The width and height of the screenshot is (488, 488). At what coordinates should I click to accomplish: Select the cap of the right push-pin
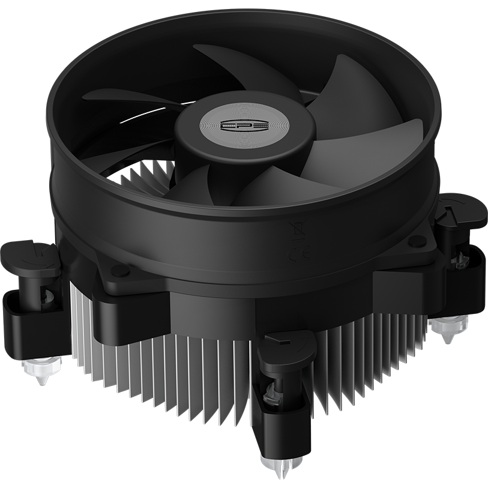(x=461, y=209)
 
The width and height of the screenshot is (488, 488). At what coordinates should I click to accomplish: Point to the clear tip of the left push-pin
(x=41, y=369)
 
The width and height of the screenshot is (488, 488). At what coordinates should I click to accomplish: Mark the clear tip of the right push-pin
(x=450, y=327)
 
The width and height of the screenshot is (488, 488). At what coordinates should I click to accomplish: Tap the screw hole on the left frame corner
(x=121, y=270)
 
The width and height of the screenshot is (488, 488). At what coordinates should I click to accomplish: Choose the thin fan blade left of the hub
(x=126, y=99)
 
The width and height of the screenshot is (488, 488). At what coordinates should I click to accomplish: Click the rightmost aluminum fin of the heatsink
(x=423, y=336)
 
